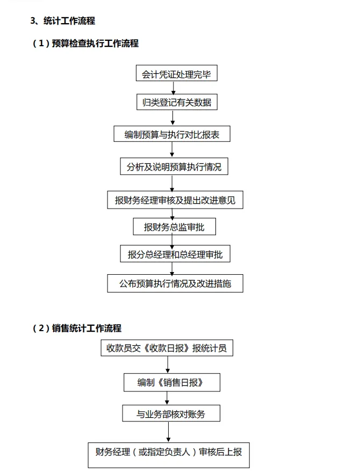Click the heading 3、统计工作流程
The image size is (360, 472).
click(x=63, y=21)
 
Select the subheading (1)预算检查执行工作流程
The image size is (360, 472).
click(x=85, y=44)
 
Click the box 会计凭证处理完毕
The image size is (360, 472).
click(x=172, y=74)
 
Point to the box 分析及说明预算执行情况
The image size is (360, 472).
click(x=174, y=167)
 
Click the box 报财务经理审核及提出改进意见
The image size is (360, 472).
click(x=175, y=201)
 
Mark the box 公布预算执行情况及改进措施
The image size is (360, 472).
click(x=175, y=283)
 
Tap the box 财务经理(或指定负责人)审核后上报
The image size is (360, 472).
click(x=169, y=452)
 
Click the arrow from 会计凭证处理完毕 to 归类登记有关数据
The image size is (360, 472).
click(x=173, y=88)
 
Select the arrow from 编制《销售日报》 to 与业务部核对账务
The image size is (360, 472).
click(x=168, y=398)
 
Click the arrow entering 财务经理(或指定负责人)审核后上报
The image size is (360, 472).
click(x=169, y=432)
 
